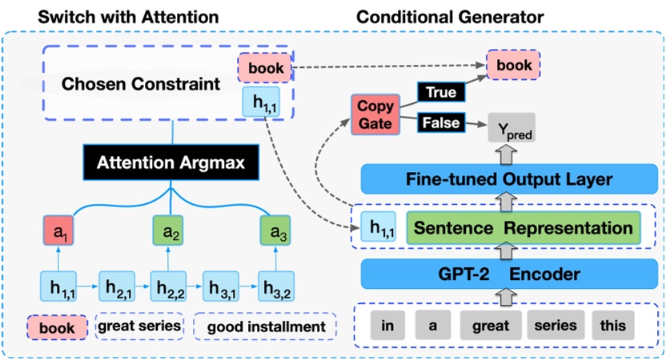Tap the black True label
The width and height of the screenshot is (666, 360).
pos(441,93)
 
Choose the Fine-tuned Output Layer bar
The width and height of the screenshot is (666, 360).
pos(511,179)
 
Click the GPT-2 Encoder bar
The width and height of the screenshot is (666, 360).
pos(511,274)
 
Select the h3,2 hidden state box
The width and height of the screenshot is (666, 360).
pos(276,286)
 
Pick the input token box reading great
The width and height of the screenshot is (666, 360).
pos(489,326)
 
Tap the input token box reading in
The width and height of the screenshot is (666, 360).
pos(387,326)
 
